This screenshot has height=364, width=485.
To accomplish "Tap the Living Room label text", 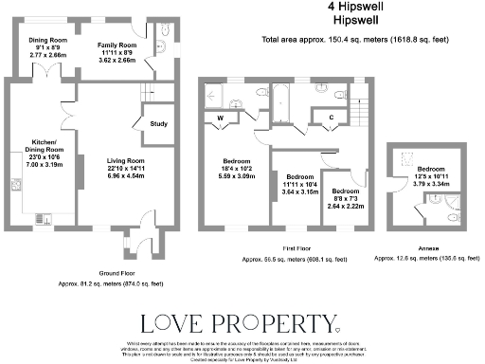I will pos(119,162).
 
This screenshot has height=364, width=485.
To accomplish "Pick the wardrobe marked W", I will pos(221,118).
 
